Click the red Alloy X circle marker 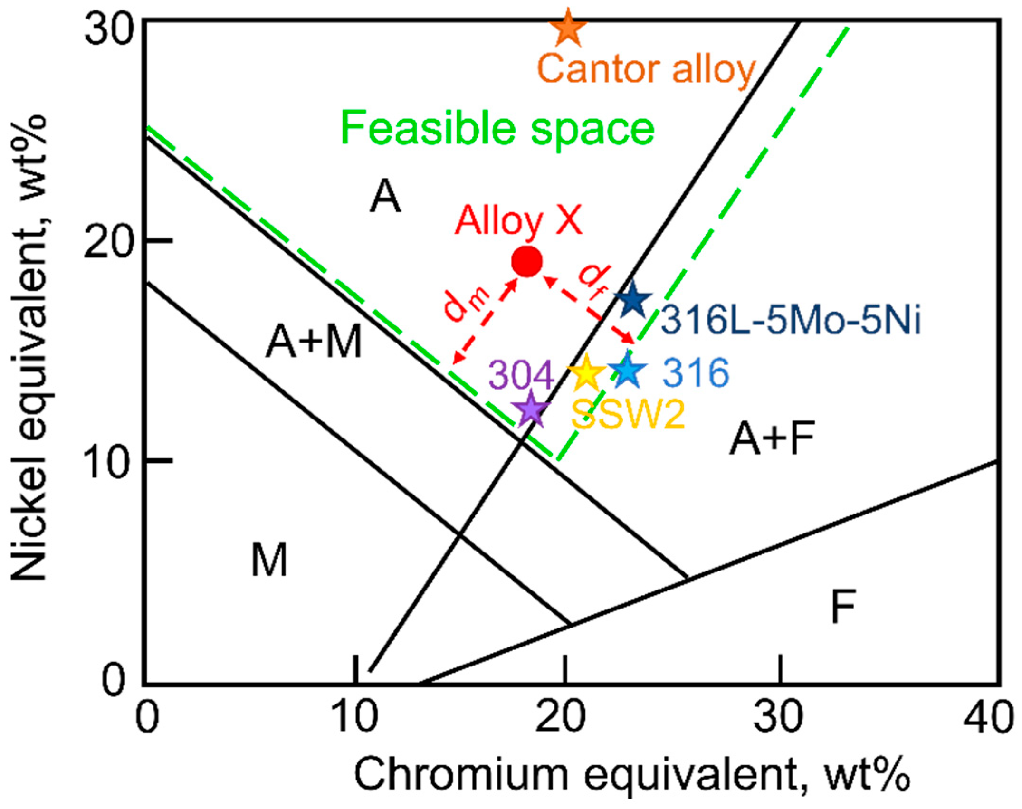[x=526, y=261]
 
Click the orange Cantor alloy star [x=567, y=29]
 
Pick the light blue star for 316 [x=628, y=370]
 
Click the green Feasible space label [x=497, y=127]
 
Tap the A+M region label [x=314, y=342]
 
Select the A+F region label [x=772, y=438]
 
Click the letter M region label [x=269, y=560]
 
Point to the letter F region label [x=843, y=606]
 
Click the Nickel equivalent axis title [x=29, y=347]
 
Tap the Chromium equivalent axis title [x=632, y=774]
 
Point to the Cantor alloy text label [x=646, y=69]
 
